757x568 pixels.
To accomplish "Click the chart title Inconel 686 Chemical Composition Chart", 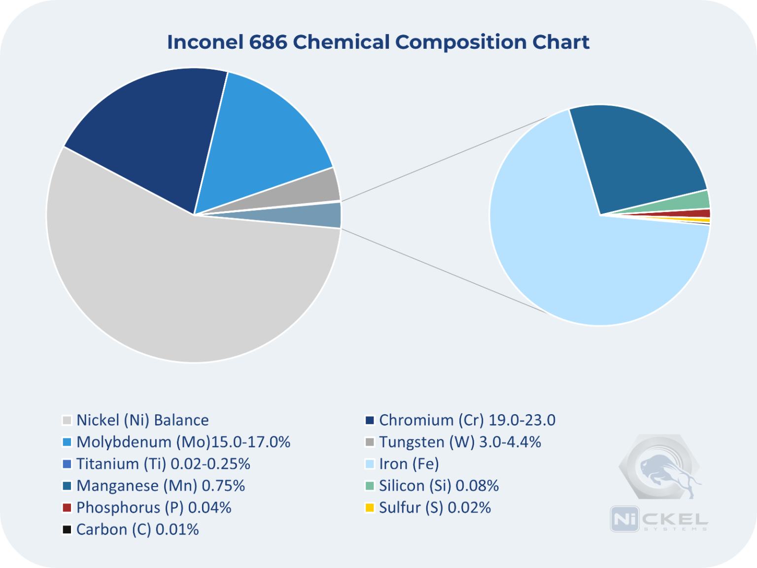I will coord(378,42).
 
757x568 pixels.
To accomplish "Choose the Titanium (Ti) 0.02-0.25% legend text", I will coord(163,464).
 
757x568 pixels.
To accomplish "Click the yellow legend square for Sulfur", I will coord(370,507).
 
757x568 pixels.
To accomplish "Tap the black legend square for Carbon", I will coord(67,530).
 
